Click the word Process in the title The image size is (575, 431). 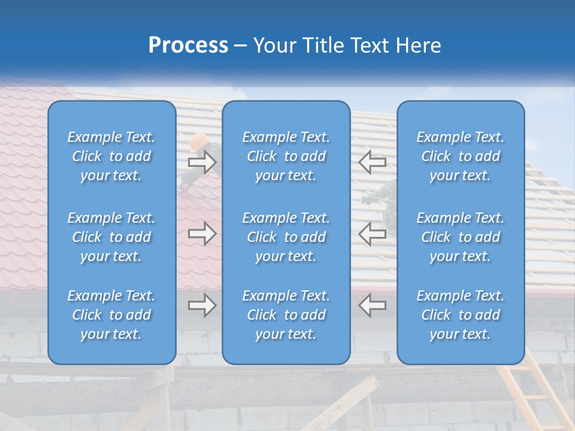(x=188, y=45)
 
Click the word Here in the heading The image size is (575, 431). (x=419, y=45)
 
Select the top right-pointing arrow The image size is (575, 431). (x=202, y=162)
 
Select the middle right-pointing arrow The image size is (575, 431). (x=202, y=233)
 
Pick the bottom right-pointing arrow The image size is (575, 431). (x=202, y=305)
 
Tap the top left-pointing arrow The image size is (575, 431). (x=372, y=162)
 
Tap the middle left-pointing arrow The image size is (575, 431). (x=372, y=233)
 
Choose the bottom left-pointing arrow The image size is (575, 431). (x=372, y=305)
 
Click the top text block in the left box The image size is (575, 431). (x=111, y=156)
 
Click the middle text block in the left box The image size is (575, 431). (x=111, y=237)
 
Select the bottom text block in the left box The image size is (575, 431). (x=111, y=315)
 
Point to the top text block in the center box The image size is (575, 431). (x=286, y=156)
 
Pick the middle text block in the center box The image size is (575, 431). (x=286, y=237)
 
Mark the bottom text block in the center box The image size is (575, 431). (x=286, y=315)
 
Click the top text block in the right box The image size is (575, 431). (x=460, y=156)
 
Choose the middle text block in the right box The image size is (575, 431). (x=460, y=237)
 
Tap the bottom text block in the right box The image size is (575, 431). (x=460, y=315)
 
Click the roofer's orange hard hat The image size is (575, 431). (x=199, y=141)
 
